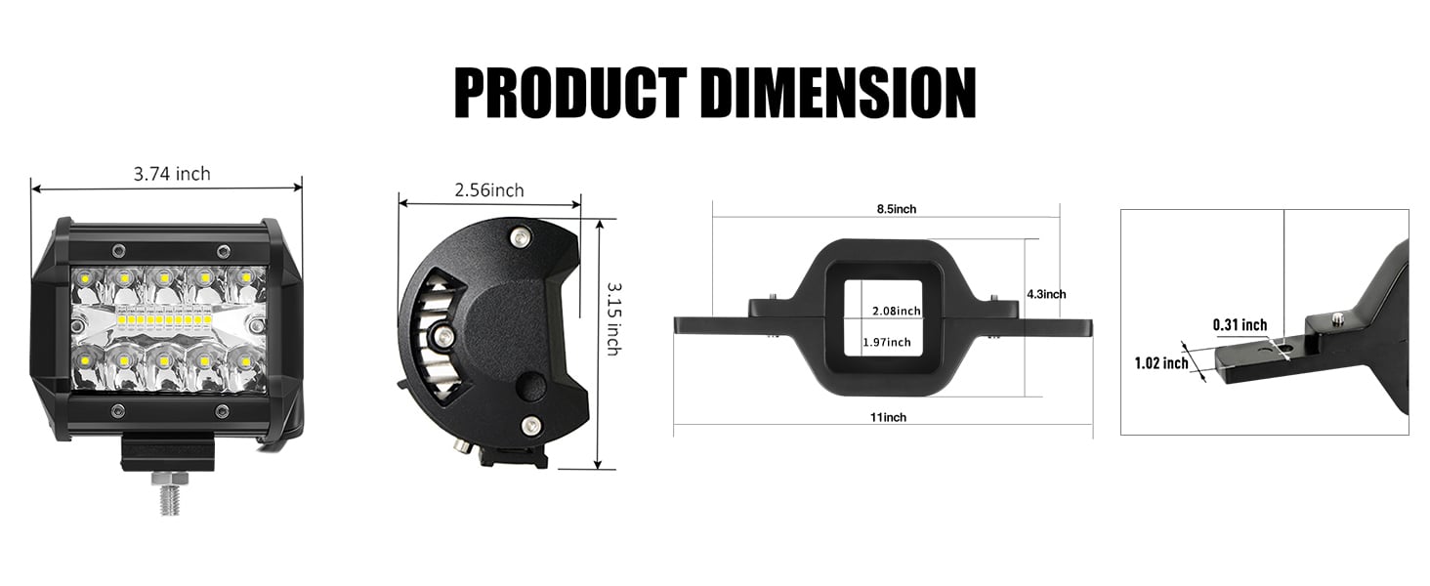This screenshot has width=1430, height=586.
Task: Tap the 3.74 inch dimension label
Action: tap(171, 174)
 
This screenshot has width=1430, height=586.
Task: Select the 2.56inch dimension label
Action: tap(488, 190)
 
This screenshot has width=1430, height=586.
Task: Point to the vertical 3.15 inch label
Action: tap(612, 318)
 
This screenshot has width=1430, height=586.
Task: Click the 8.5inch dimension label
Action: tap(895, 209)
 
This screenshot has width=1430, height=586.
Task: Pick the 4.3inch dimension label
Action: tap(1046, 294)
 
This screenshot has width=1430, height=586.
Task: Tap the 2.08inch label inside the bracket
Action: tap(896, 311)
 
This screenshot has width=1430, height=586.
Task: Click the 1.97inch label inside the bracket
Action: tap(886, 342)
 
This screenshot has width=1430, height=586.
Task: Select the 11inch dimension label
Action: tap(887, 417)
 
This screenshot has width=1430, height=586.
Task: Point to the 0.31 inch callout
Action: tap(1240, 325)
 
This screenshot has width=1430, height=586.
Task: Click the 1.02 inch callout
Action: tap(1160, 363)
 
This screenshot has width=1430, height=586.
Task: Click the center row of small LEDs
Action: tap(164, 319)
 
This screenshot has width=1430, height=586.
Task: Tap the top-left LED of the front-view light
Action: tap(84, 278)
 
